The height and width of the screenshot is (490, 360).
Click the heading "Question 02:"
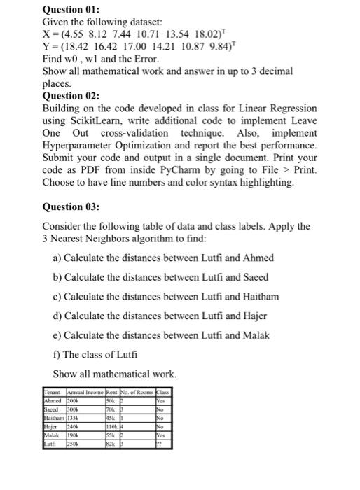point(72,96)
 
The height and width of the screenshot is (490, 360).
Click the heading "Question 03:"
point(72,206)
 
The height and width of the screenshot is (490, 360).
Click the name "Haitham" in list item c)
point(258,297)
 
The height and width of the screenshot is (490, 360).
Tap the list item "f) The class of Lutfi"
point(95,353)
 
